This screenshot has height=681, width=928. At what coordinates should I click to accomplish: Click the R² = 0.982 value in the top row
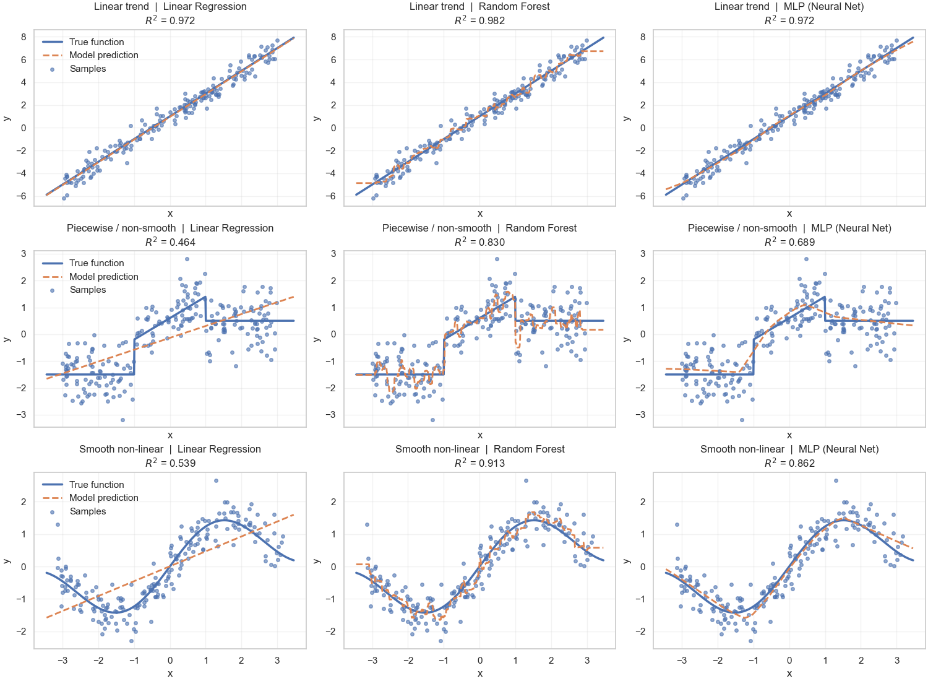click(x=479, y=20)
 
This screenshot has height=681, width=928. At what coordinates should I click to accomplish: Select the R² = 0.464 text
click(x=170, y=242)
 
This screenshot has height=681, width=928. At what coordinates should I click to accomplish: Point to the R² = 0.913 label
click(x=479, y=463)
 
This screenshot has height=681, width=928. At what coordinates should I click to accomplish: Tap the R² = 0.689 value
click(x=789, y=242)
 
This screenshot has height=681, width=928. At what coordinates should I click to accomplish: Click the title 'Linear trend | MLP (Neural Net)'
click(x=789, y=7)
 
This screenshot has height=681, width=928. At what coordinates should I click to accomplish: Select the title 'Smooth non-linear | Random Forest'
click(x=479, y=449)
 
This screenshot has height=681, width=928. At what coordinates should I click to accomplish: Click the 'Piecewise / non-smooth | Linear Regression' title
click(x=170, y=228)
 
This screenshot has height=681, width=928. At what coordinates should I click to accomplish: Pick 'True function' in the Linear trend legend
click(x=97, y=42)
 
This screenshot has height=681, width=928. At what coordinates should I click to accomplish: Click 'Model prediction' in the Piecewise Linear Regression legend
click(x=103, y=277)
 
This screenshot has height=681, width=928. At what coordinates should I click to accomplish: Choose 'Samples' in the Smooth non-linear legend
click(x=88, y=511)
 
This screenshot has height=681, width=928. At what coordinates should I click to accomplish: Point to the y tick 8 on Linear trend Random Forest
click(x=333, y=37)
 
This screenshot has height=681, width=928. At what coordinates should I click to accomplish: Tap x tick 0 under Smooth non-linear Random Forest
click(x=479, y=661)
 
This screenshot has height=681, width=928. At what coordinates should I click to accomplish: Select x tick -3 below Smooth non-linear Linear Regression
click(x=62, y=661)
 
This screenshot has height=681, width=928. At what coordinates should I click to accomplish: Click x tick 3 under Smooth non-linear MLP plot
click(x=896, y=661)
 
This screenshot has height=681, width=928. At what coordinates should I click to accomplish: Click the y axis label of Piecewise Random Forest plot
click(x=317, y=339)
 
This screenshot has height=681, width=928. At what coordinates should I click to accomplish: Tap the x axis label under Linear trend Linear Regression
click(x=170, y=214)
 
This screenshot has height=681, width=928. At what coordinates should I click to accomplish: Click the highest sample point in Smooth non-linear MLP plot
click(x=835, y=480)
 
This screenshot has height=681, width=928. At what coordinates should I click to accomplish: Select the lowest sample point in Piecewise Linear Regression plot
click(x=122, y=420)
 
